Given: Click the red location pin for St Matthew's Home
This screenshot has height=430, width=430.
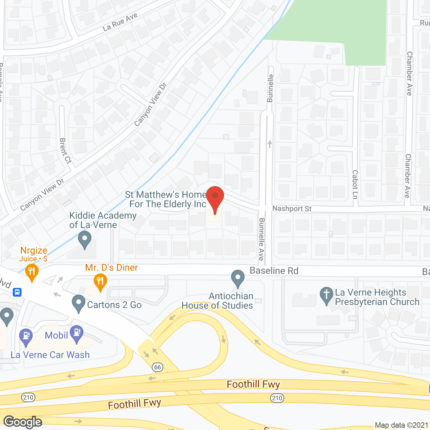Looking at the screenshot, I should point(215,197).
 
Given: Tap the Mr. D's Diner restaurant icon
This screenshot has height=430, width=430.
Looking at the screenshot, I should point(100,282).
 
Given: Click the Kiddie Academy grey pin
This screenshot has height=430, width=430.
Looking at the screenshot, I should point(84,240).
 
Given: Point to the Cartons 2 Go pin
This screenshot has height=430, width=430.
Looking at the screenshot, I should point(79,303).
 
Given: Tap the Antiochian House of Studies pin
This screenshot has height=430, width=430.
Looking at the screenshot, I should point(238,278).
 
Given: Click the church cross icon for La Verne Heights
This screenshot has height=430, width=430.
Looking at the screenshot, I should point(326,295).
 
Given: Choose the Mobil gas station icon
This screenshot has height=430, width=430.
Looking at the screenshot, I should point(77,333).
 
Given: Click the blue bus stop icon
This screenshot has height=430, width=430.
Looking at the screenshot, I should point(17,292).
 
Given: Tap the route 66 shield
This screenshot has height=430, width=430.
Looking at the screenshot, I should point(158,367).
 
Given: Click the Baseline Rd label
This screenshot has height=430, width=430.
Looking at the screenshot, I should point(274,271).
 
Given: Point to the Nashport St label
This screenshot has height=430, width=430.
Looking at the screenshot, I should point(292,209).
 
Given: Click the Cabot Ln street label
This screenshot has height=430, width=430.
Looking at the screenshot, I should point(355,184).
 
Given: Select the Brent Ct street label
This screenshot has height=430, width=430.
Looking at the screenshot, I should point(65,150).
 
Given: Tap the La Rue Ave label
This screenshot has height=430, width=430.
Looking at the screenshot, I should point(120,22).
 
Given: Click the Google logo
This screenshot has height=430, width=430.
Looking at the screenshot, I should point(23,422).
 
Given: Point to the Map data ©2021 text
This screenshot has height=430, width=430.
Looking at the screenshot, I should point(401,425).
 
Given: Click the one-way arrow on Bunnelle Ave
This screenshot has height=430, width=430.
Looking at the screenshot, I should point(270,144).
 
